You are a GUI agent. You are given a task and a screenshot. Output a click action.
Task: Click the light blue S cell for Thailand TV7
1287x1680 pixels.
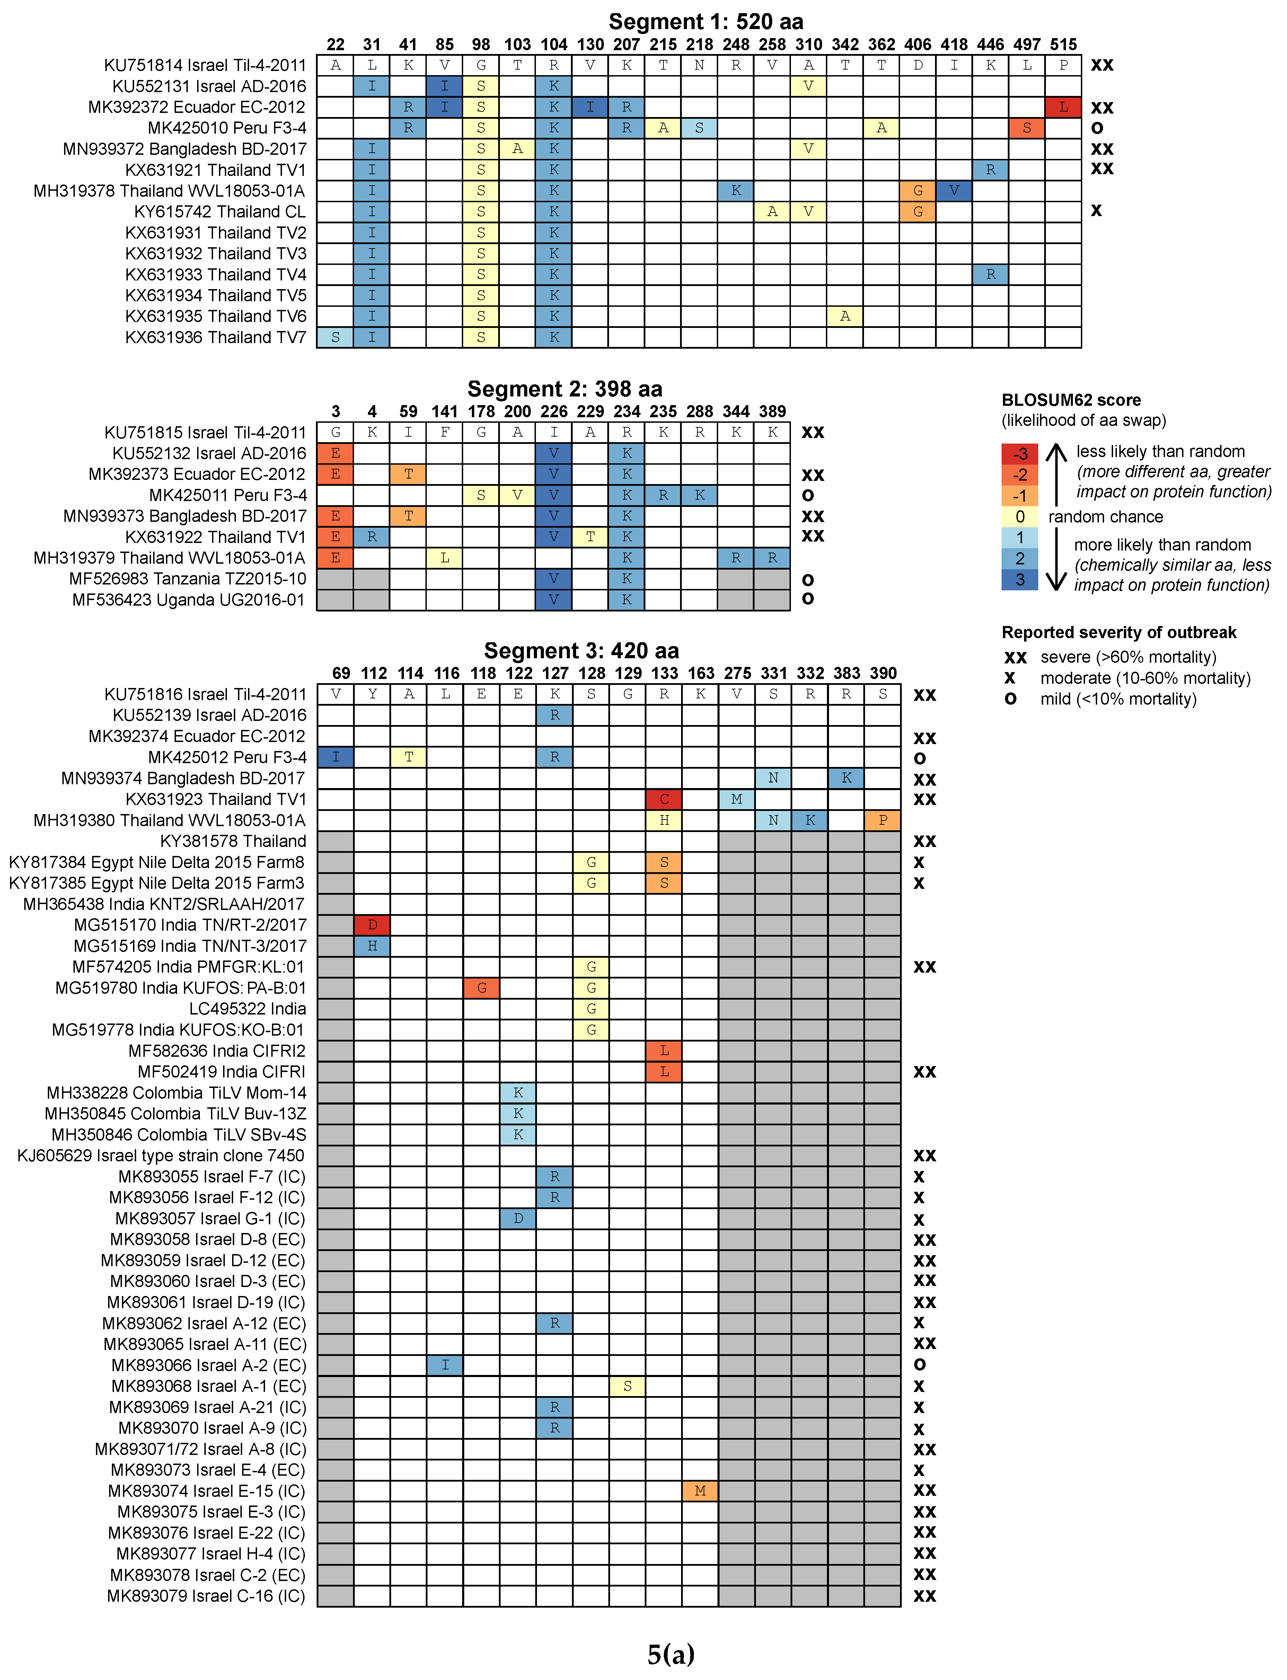click(x=335, y=337)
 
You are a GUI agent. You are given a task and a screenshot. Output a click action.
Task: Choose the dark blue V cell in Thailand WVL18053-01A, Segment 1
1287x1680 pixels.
click(x=954, y=191)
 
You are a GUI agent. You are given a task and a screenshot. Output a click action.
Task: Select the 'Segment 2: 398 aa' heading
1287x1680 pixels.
click(x=565, y=389)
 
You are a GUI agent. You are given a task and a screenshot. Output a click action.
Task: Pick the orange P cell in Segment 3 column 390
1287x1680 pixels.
click(x=882, y=820)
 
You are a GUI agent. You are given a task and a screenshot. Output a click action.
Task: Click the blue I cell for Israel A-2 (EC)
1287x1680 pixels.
click(x=444, y=1365)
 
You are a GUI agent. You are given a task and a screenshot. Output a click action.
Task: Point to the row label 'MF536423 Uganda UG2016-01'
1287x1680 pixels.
click(x=188, y=600)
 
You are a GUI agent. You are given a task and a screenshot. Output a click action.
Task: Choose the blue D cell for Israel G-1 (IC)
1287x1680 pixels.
click(x=518, y=1218)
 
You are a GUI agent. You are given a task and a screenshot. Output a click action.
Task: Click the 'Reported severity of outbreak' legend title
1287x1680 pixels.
click(x=1119, y=633)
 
